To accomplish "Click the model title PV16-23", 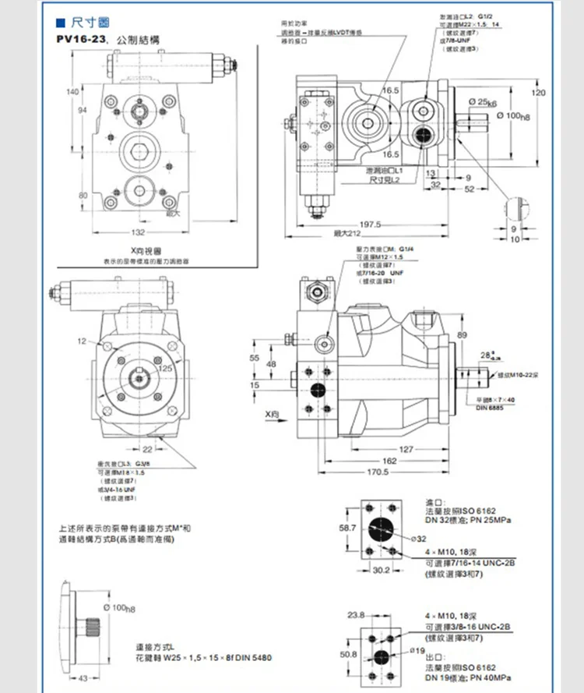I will tap(84, 38).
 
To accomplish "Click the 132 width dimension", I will tap(137, 232).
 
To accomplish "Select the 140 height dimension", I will tap(72, 92).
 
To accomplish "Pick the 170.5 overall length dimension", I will tap(378, 472).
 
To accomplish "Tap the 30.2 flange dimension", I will tap(381, 570).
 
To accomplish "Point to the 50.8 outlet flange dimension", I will tap(348, 654).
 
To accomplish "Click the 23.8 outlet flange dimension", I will tap(356, 615).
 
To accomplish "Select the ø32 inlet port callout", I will tap(418, 538).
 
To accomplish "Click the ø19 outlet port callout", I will tap(417, 649).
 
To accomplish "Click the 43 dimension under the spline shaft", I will tap(83, 677).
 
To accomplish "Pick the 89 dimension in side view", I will tap(463, 334).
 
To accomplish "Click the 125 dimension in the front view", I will tap(165, 368).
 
